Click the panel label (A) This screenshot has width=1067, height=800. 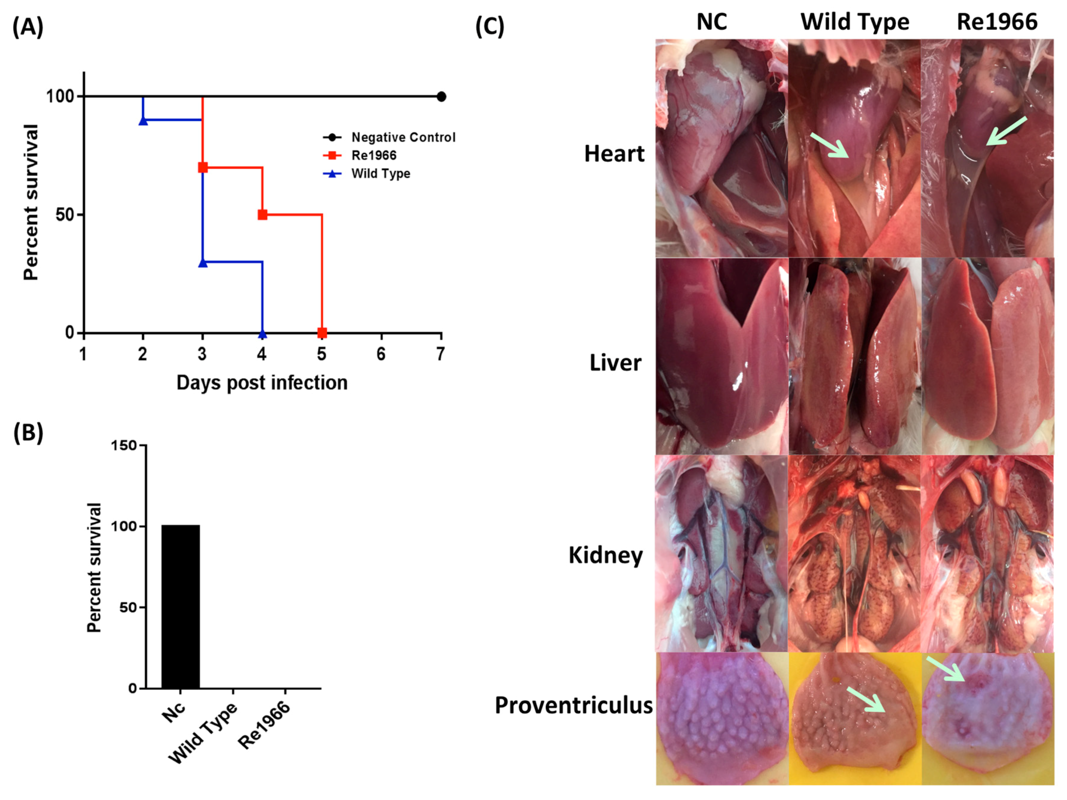(x=28, y=27)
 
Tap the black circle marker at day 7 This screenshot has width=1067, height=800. (x=441, y=96)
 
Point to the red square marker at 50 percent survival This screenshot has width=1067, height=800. (x=263, y=214)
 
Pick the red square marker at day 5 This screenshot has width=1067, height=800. (x=322, y=332)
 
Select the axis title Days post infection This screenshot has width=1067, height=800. (x=261, y=382)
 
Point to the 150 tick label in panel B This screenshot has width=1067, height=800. (x=124, y=445)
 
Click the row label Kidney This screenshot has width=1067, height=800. (x=605, y=555)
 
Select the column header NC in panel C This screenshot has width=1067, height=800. (x=711, y=22)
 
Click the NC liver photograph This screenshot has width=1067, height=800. (x=722, y=356)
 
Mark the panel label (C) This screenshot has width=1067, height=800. (x=490, y=27)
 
